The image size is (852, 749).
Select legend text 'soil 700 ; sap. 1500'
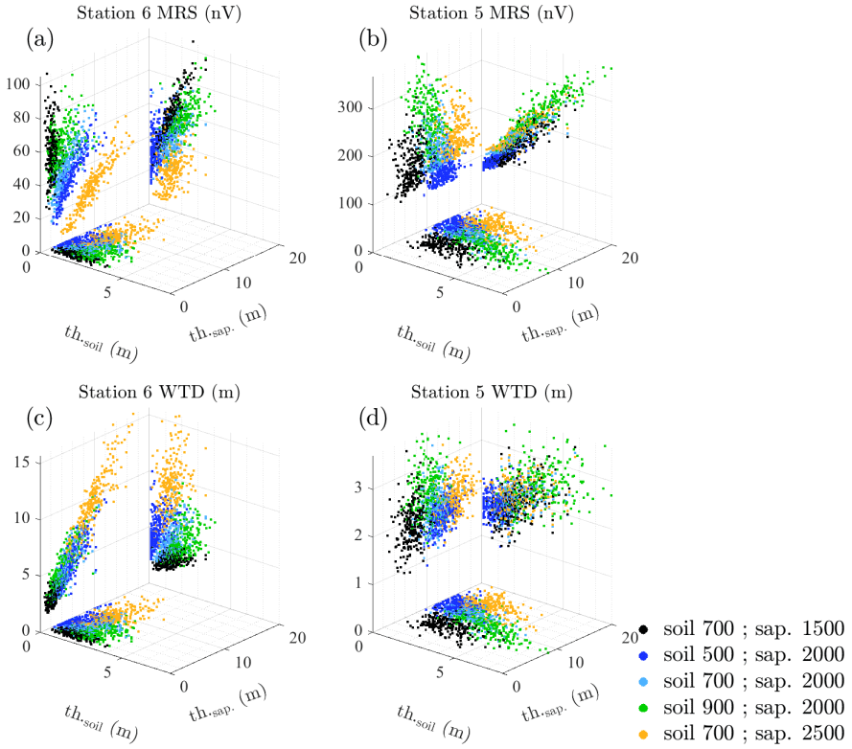point(752,629)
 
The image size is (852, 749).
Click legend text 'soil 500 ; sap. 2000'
point(752,655)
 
